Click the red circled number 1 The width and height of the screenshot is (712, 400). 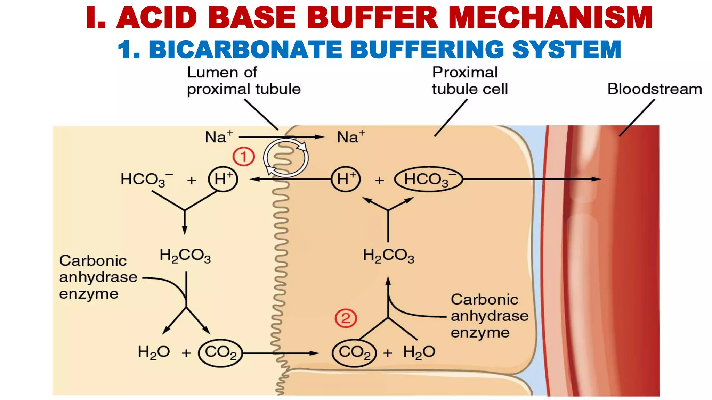243,157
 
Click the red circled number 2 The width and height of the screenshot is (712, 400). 346,318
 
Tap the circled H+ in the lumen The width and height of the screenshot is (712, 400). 223,179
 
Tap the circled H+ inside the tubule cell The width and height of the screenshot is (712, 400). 346,179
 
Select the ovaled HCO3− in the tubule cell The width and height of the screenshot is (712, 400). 428,180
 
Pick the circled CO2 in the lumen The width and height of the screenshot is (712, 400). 220,353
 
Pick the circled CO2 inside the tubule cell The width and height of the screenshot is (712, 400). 354,353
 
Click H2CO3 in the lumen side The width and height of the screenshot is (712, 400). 185,256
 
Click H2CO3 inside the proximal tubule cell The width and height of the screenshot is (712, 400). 388,256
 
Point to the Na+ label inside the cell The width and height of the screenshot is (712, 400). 351,137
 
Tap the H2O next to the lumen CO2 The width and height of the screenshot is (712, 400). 154,352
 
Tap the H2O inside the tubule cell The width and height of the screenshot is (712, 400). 419,352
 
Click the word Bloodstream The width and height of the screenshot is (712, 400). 654,89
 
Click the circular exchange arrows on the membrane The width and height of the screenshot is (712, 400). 286,158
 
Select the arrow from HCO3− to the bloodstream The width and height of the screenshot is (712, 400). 532,179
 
